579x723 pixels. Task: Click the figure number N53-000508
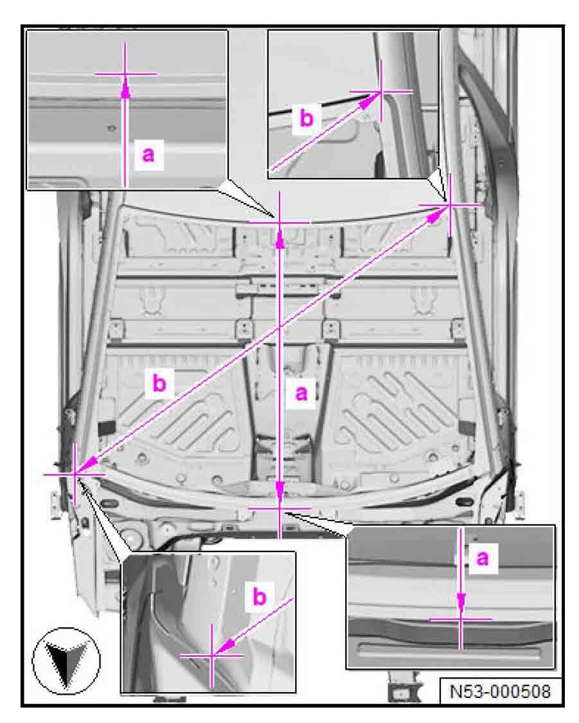click(500, 691)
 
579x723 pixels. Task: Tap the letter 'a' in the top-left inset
click(148, 154)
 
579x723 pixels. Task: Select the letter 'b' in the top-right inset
click(307, 118)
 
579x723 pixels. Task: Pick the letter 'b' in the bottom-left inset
click(260, 596)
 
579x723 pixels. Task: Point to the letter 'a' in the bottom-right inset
click(483, 558)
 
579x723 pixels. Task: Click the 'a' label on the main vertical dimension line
click(301, 393)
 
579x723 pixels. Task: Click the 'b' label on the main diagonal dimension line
click(159, 383)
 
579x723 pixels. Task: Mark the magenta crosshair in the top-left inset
click(125, 74)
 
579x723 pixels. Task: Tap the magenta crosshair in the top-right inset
click(381, 92)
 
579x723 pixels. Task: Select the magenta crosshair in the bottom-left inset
click(212, 656)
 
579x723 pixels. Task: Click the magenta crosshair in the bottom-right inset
click(461, 620)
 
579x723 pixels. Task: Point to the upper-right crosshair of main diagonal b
click(449, 204)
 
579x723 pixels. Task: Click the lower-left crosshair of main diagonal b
click(75, 474)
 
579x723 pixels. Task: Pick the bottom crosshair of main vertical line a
click(280, 508)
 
